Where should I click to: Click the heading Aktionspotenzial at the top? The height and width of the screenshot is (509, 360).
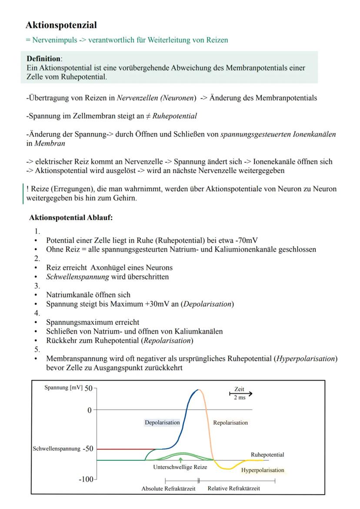[x=61, y=25]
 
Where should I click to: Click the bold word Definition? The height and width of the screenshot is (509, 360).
[x=43, y=58]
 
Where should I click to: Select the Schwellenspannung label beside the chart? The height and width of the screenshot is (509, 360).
[x=56, y=449]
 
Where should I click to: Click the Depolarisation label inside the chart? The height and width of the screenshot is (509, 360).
[x=162, y=422]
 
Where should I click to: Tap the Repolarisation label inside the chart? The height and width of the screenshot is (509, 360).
[x=230, y=423]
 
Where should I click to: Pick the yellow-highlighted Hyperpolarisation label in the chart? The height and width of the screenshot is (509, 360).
[x=262, y=470]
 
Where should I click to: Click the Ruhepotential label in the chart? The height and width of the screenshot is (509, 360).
[x=267, y=455]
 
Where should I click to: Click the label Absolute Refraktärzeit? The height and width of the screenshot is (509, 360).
[x=168, y=489]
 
